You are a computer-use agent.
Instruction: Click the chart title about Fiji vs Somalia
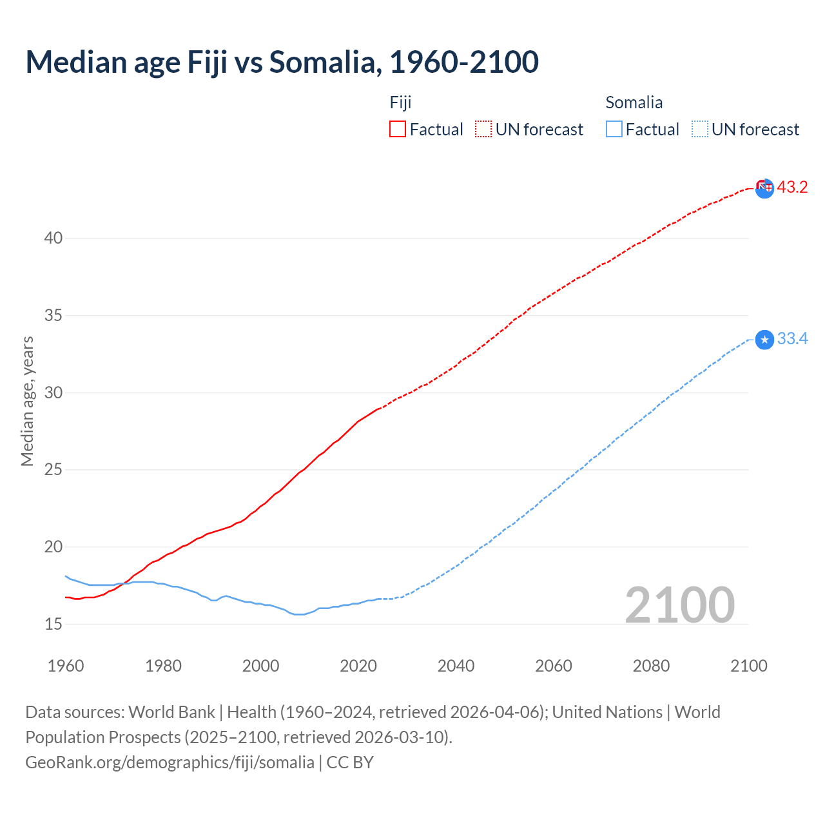pos(282,63)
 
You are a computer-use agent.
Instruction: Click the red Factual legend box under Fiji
pos(398,129)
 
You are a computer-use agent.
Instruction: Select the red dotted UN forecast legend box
pos(483,129)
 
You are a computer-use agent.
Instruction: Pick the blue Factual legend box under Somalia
pos(614,129)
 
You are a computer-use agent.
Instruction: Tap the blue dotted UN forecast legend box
pos(699,129)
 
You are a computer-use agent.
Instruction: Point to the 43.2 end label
pos(792,188)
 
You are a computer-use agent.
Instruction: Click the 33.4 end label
pos(792,339)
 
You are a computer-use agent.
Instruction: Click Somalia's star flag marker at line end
pos(764,340)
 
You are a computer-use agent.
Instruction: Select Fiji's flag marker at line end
pos(764,188)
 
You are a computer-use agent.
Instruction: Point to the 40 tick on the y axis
pos(53,238)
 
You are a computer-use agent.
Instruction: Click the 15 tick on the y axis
pos(53,624)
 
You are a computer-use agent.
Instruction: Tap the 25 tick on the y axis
pos(53,470)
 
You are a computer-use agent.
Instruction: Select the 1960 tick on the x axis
pos(66,666)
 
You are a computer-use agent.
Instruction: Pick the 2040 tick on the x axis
pos(456,666)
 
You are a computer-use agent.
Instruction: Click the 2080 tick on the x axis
pos(651,666)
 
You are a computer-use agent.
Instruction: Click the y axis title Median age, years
pos(27,401)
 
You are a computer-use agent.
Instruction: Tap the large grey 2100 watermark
pos(680,605)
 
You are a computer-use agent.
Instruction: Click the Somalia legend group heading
pos(634,102)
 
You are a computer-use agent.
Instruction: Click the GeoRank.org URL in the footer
pos(170,762)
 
